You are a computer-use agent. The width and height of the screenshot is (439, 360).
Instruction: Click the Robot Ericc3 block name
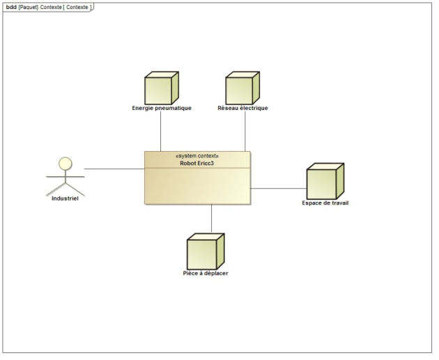tap(197, 163)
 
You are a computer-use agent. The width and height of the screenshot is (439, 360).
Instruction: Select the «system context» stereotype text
tap(197, 156)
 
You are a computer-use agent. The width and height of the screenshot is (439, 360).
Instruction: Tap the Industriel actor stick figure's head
tap(65, 164)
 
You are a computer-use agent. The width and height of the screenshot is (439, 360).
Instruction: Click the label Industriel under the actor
tap(65, 199)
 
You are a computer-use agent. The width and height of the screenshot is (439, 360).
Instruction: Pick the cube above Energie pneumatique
tap(160, 88)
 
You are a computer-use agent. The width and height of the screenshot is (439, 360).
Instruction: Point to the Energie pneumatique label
tap(162, 108)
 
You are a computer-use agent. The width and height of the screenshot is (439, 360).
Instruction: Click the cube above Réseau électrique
tap(242, 88)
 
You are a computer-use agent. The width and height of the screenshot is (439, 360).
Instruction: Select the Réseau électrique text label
tap(242, 108)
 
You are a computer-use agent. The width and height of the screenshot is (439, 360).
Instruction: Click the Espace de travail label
tap(325, 203)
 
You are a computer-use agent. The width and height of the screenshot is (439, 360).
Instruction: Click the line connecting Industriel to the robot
tap(114, 169)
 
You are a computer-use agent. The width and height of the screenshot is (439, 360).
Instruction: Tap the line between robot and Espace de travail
tap(278, 188)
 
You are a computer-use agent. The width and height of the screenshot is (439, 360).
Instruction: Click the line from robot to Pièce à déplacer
tap(211, 219)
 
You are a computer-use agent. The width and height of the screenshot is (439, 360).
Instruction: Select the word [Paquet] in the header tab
tap(29, 6)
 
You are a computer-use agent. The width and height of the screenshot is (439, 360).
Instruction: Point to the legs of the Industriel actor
tap(65, 189)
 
